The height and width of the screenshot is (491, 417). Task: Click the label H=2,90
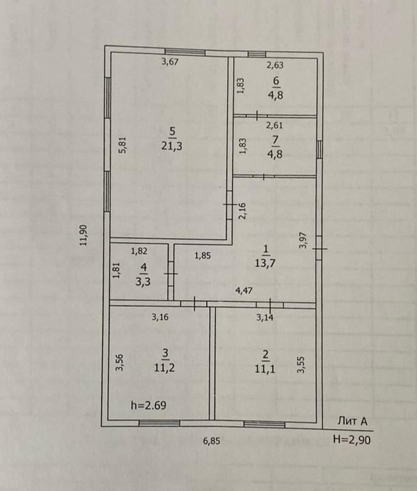(x=353, y=440)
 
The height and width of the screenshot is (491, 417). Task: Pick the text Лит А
(x=353, y=422)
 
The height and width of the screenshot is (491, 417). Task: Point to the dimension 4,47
(x=245, y=291)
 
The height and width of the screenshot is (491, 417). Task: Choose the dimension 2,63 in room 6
(x=275, y=66)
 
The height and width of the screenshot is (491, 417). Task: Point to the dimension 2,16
(x=241, y=211)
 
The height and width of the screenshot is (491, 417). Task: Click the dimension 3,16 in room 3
(x=160, y=317)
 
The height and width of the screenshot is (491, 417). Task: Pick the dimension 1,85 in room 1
(x=203, y=256)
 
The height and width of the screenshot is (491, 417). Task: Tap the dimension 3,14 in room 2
(x=265, y=317)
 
